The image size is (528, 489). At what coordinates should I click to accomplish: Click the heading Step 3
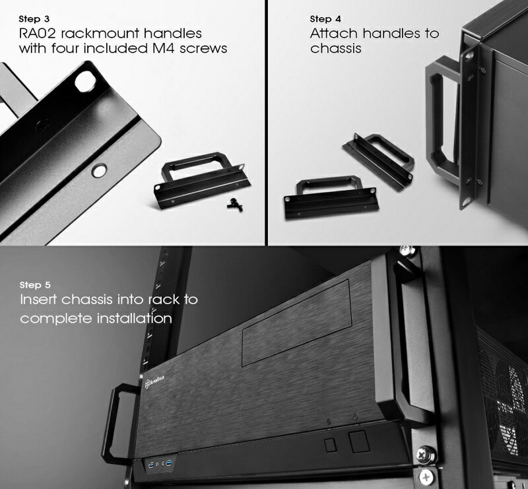tap(34, 19)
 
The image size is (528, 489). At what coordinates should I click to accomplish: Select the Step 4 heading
tap(325, 19)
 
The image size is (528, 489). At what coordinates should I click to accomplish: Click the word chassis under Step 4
tap(335, 48)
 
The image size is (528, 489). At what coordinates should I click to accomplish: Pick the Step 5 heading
tap(35, 285)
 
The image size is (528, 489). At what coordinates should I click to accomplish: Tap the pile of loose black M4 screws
tap(236, 205)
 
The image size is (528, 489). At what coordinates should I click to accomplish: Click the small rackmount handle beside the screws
tap(202, 181)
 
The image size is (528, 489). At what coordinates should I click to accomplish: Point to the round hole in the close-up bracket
tap(100, 170)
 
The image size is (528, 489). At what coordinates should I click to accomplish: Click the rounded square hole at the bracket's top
tap(84, 81)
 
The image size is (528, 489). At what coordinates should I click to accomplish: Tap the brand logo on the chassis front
tap(154, 383)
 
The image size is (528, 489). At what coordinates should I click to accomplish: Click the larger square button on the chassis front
tap(358, 441)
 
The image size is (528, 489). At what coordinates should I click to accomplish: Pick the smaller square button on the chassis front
tap(331, 445)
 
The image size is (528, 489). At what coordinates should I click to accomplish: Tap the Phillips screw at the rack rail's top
tap(407, 251)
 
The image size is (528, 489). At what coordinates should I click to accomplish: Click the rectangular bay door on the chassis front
tap(297, 323)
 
